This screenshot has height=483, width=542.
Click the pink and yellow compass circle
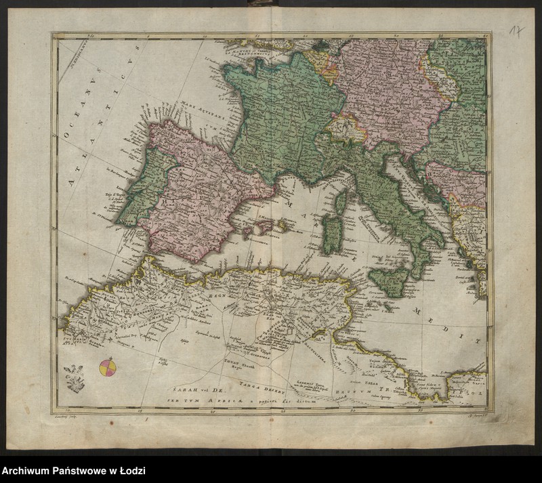point(108,367)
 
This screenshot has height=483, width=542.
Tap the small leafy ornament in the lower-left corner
point(74,378)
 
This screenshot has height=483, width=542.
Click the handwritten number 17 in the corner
point(517,31)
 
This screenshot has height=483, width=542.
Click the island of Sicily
point(389,280)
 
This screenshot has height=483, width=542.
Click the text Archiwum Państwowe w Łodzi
point(73,471)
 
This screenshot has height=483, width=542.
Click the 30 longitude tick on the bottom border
point(352,411)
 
